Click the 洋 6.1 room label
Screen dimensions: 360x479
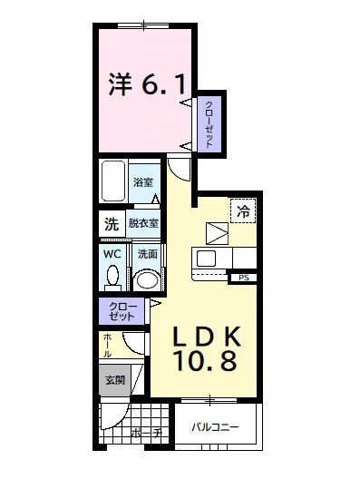[x=147, y=84]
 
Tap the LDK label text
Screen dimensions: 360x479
[x=207, y=336]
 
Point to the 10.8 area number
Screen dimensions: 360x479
[x=206, y=361]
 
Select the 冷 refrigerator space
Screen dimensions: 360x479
[x=243, y=210]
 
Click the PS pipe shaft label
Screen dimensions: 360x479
[x=243, y=278]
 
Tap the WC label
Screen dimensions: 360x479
[x=112, y=254]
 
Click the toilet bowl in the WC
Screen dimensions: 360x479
[x=112, y=276]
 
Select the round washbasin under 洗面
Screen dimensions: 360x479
[x=147, y=279]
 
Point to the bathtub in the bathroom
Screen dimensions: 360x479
[x=113, y=181]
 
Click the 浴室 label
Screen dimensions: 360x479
[x=143, y=182]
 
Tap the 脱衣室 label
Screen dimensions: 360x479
[x=143, y=223]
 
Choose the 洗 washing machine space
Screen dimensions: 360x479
[x=112, y=224]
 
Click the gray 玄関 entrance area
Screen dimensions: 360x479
[x=115, y=380]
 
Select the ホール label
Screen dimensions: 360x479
[x=108, y=346]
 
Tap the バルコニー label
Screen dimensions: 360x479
[x=215, y=426]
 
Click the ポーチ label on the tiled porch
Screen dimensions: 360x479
[x=147, y=432]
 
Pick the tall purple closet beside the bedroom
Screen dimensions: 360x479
[x=209, y=124]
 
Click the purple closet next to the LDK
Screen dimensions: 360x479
[x=122, y=311]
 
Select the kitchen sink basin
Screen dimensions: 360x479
[x=207, y=259]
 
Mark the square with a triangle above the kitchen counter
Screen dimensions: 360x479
[x=217, y=233]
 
